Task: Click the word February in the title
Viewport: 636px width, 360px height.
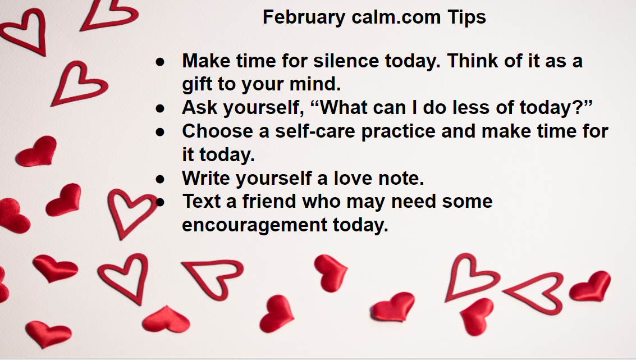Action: point(304,18)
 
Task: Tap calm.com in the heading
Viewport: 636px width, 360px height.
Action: point(396,17)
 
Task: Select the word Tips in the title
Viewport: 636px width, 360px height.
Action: point(466,18)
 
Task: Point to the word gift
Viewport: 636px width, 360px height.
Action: point(196,84)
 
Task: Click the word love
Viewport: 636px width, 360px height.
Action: point(353,178)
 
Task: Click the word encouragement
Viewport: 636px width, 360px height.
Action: point(254,225)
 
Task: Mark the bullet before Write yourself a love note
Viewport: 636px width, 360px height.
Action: point(160,179)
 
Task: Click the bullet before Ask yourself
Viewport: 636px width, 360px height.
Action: point(160,108)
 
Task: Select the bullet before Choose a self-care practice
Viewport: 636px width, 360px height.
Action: point(160,132)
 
